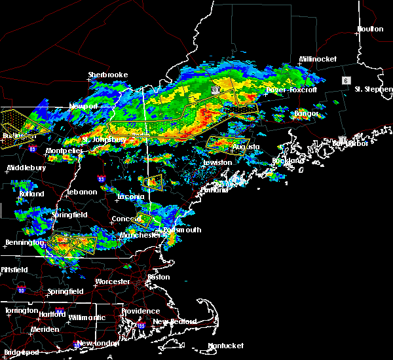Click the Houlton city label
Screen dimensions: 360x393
[x=370, y=29]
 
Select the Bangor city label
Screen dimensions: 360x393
[x=307, y=114]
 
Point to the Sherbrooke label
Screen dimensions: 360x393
[x=108, y=75]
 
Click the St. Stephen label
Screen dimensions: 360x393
[x=372, y=88]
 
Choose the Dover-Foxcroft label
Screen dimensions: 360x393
[x=291, y=90]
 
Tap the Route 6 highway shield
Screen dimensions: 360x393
[x=345, y=80]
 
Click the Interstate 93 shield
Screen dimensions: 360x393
[x=101, y=178]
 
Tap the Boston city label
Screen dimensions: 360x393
[x=159, y=277]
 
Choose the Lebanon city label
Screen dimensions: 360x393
[x=82, y=192]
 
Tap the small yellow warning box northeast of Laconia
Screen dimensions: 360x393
[x=154, y=181]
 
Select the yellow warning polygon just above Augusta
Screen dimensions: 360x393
[x=228, y=141]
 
